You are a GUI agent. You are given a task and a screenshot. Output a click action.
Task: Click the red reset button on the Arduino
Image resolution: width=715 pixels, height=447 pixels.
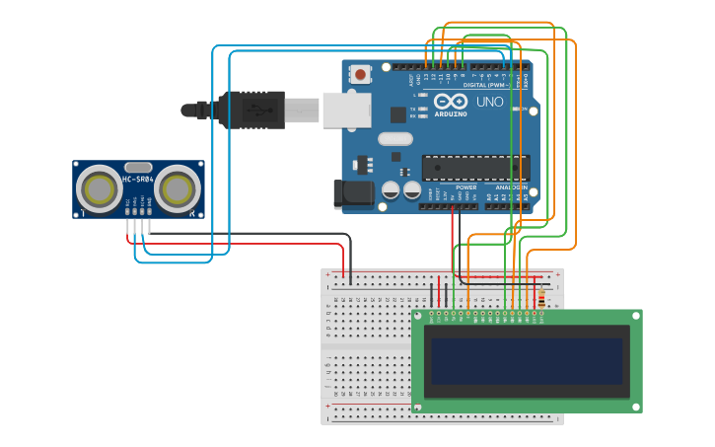tap(361, 74)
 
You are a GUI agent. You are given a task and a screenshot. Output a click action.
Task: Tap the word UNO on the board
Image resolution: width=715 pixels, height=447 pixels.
tap(490, 102)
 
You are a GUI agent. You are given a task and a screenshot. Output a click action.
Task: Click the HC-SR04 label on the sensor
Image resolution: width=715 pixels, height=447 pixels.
tap(138, 180)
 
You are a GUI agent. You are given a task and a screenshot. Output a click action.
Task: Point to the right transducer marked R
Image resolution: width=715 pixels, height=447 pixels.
tap(177, 188)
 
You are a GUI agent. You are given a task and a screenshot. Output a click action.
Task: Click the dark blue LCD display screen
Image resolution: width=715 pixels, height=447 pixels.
tap(527, 361)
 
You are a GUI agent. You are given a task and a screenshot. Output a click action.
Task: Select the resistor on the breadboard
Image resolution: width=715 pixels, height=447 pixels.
tap(540, 298)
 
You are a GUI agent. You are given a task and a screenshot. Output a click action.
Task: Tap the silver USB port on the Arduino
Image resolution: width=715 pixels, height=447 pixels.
tap(346, 110)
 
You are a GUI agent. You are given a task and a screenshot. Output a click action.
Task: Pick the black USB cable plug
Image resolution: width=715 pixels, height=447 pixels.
tap(250, 110)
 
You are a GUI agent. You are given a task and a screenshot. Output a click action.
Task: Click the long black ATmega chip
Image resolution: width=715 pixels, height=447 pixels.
tap(475, 168)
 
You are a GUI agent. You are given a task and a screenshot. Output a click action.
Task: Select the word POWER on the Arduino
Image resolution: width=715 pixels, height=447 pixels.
tap(466, 186)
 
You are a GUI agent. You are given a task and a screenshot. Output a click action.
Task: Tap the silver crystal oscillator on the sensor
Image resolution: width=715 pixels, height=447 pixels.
tap(138, 168)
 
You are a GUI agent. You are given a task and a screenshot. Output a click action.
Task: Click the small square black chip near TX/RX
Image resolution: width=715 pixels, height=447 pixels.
tap(397, 114)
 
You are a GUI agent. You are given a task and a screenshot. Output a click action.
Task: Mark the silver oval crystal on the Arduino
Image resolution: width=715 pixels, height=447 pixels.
tap(394, 139)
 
